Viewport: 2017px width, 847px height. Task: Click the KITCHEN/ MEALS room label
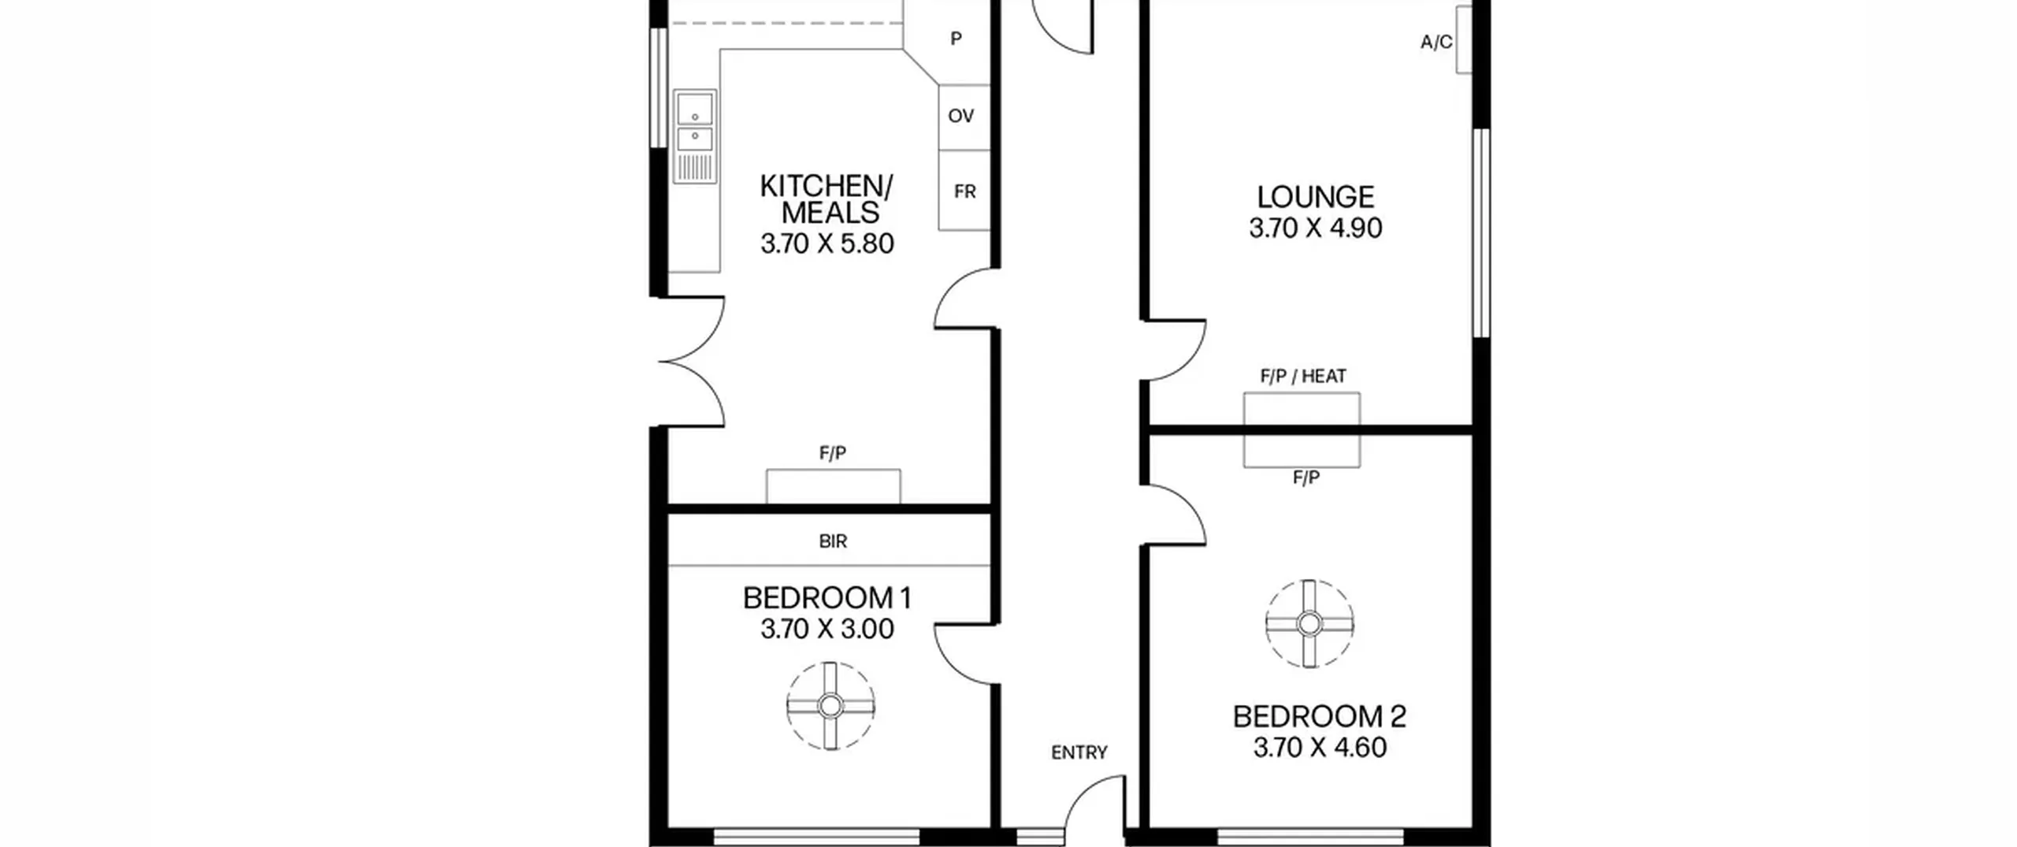point(826,199)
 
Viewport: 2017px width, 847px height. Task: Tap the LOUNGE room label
point(1315,196)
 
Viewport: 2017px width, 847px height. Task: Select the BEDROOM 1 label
point(827,598)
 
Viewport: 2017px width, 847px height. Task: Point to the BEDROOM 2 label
point(1320,716)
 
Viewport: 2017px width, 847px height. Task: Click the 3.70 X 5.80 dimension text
point(827,243)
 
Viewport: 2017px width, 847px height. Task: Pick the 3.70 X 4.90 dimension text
point(1315,228)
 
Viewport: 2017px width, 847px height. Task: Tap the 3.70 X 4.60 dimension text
point(1320,747)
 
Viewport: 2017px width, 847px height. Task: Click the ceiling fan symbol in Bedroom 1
point(830,706)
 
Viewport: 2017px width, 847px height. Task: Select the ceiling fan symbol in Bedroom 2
point(1309,624)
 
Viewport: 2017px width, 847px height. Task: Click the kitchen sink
point(695,136)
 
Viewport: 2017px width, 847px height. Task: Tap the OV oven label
point(961,116)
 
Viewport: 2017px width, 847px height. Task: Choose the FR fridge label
point(965,191)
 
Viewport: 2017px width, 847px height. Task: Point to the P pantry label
point(956,39)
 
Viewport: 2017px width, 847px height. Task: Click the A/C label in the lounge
point(1436,43)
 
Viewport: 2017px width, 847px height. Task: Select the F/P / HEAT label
point(1303,377)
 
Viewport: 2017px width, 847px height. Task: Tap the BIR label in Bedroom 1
point(833,541)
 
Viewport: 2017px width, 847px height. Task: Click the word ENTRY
point(1079,752)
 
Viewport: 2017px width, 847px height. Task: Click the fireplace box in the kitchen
point(834,486)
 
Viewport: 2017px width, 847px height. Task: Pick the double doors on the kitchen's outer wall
point(692,362)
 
